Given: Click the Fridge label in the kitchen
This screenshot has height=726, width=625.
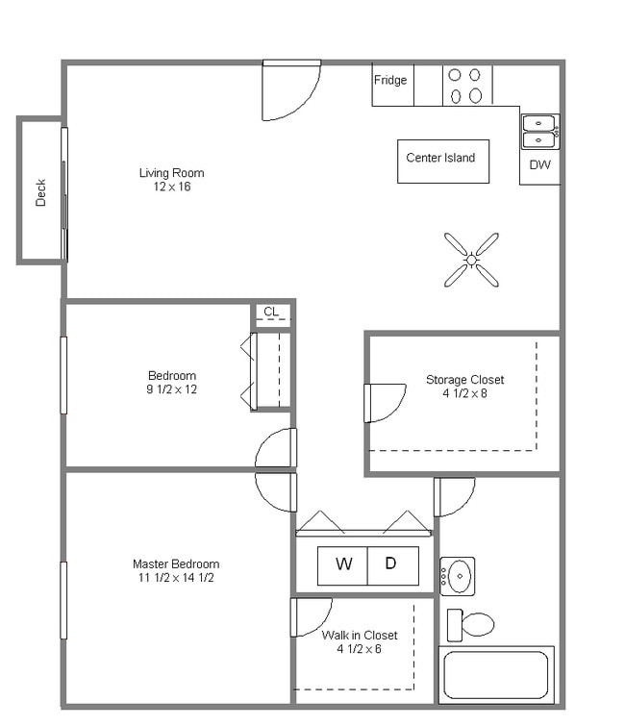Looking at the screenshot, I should click(x=390, y=81).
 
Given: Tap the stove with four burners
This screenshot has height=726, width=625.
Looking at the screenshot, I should click(x=466, y=85).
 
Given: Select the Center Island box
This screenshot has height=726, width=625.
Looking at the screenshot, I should click(x=442, y=161).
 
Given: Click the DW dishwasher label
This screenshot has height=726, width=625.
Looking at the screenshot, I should click(x=540, y=165).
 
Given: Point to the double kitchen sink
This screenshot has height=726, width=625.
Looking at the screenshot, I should click(x=538, y=132).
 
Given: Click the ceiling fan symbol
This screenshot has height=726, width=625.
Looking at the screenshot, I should click(x=471, y=260).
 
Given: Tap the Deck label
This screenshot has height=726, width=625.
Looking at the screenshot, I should click(x=40, y=192).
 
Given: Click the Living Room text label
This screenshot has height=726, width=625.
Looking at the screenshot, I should click(x=171, y=173).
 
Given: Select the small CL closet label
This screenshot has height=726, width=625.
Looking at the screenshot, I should click(x=271, y=312).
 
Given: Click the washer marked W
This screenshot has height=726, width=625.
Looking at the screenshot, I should click(x=343, y=564).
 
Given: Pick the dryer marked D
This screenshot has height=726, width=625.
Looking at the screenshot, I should click(x=391, y=564).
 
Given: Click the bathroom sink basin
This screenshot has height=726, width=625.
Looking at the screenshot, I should click(x=460, y=577).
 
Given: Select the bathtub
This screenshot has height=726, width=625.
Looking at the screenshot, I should click(x=496, y=675).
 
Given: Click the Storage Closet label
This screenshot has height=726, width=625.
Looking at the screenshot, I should click(x=464, y=380).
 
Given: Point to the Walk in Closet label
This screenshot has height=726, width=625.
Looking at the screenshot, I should click(x=359, y=635).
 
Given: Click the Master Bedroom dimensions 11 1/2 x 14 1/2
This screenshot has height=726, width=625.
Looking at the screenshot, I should click(x=175, y=578).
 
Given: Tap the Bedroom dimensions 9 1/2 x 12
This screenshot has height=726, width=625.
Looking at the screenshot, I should click(x=172, y=389).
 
